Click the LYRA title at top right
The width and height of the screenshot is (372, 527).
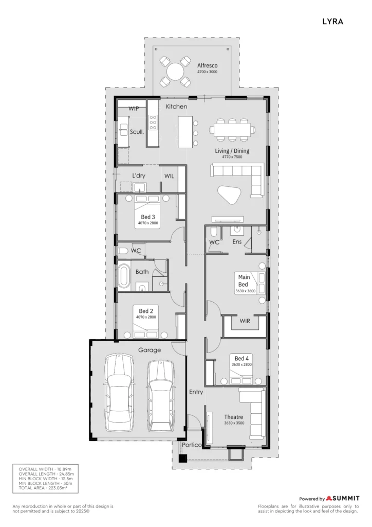332,22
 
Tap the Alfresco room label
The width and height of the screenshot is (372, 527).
207,65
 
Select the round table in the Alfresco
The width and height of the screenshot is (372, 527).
175,72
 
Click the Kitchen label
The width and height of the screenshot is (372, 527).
176,107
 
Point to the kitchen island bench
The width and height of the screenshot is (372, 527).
185,132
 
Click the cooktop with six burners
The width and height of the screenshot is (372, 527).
153,122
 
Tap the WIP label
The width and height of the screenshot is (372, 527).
134,109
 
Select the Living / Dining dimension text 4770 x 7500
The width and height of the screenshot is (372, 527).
232,157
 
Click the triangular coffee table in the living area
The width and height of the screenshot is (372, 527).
230,195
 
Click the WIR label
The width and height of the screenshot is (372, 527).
245,321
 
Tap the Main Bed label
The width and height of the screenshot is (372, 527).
244,280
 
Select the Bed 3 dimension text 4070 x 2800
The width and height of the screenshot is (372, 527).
148,223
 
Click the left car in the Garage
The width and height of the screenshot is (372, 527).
119,392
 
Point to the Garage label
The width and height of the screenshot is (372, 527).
150,350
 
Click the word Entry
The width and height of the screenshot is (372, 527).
196,392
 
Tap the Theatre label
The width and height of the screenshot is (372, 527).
234,417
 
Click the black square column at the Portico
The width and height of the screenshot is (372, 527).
182,459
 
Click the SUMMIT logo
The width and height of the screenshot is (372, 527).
343,498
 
